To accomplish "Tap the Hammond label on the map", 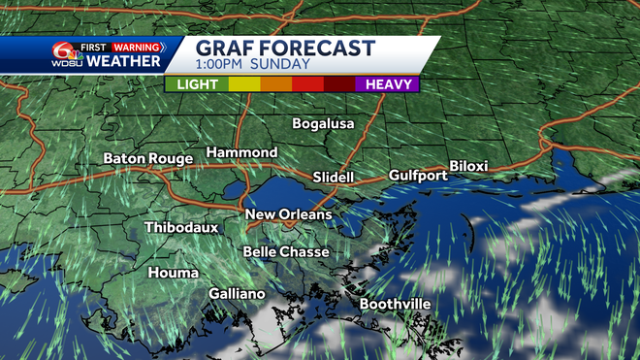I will tap(241, 153).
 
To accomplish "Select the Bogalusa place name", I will tap(324, 124).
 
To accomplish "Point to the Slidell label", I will tap(334, 178).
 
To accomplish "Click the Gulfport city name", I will tap(418, 176).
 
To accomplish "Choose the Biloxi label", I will tap(467, 167).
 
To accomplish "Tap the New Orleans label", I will tap(288, 214).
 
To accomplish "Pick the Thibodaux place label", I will tap(181, 228).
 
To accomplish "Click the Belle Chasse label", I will tap(286, 252).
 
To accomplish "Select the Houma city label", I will tap(174, 274).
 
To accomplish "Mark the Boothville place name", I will tap(395, 305).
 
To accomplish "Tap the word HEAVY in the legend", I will tap(385, 84).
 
